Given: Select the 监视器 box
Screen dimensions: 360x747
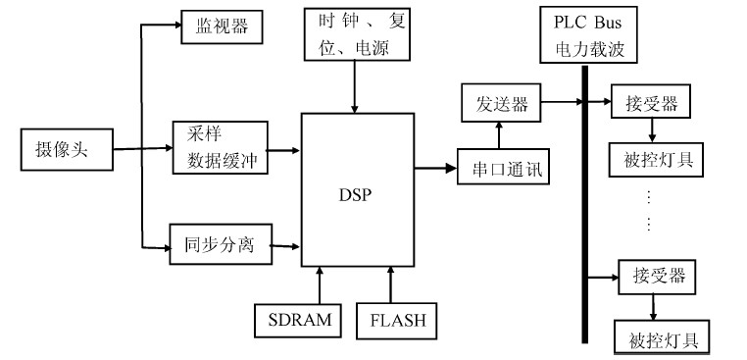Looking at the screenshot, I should click(222, 26).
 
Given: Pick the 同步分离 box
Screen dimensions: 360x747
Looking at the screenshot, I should click(220, 243).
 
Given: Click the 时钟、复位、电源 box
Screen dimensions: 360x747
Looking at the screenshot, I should click(354, 34).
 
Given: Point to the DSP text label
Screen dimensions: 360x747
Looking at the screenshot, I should click(356, 193).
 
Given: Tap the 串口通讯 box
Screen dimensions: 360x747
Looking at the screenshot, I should click(503, 168).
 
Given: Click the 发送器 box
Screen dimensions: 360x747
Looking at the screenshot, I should click(500, 101).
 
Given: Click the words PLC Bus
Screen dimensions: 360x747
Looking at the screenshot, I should click(588, 22).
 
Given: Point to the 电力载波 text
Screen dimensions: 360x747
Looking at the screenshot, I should click(588, 46).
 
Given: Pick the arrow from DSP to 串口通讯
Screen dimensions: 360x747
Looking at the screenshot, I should click(435, 169).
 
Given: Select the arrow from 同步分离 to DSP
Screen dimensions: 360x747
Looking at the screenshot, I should click(284, 244).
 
